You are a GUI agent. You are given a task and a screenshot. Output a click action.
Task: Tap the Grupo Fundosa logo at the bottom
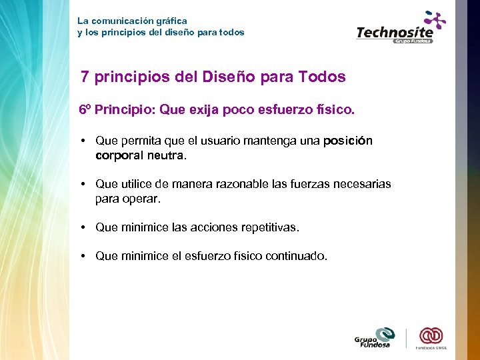[375, 338]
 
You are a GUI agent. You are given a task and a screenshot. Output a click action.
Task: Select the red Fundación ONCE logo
[431, 337]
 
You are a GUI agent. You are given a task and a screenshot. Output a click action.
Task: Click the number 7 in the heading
[85, 77]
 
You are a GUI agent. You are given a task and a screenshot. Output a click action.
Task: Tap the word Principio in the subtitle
[124, 109]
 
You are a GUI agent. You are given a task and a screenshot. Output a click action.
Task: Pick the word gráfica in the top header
[171, 21]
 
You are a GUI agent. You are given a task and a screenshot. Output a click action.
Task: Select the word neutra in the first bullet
[169, 155]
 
